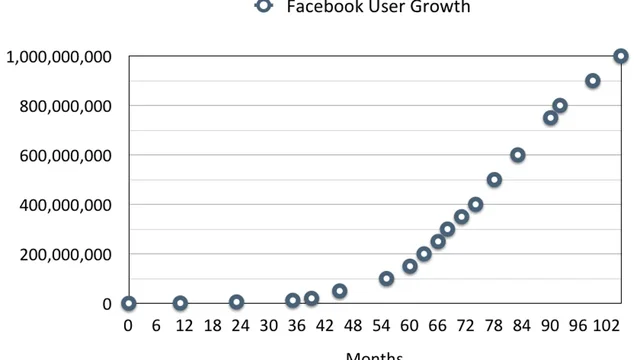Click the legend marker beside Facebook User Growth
pyautogui.click(x=263, y=6)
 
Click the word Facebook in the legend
pyautogui.click(x=322, y=7)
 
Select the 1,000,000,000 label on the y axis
pyautogui.click(x=58, y=57)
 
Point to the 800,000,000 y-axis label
pyautogui.click(x=65, y=106)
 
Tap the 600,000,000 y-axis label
pyautogui.click(x=65, y=156)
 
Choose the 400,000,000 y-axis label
pyautogui.click(x=65, y=205)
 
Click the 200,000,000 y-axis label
pyautogui.click(x=65, y=254)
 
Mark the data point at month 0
pyautogui.click(x=128, y=303)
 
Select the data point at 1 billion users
pyautogui.click(x=621, y=56)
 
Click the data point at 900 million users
pyautogui.click(x=593, y=81)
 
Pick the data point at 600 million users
pyautogui.click(x=518, y=155)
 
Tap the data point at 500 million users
pyautogui.click(x=494, y=180)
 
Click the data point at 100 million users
pyautogui.click(x=386, y=279)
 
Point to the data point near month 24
pyautogui.click(x=236, y=302)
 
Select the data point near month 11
pyautogui.click(x=180, y=303)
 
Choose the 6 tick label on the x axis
pyautogui.click(x=156, y=325)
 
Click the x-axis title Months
pyautogui.click(x=375, y=354)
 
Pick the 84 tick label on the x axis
pyautogui.click(x=522, y=325)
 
